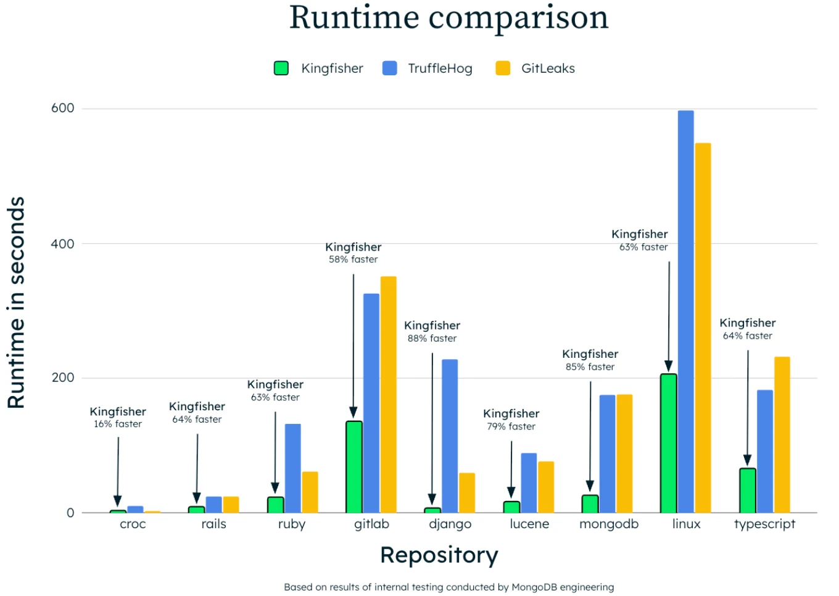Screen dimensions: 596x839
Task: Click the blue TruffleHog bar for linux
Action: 685,312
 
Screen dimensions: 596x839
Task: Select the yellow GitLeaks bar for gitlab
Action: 388,395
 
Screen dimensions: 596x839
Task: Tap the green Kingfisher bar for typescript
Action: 747,490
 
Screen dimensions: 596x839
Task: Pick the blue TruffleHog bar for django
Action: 450,436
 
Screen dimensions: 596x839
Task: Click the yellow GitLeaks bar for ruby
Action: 310,492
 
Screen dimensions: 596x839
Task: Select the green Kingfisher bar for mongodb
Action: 590,504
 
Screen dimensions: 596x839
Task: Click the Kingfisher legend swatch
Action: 281,68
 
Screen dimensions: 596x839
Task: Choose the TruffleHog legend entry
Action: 427,68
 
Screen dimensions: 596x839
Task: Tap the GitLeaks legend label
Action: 548,68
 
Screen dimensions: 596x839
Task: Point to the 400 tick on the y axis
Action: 62,244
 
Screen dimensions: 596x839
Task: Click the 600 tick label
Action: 62,108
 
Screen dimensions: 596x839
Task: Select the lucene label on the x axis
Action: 529,524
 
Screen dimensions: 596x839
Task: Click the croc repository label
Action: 133,524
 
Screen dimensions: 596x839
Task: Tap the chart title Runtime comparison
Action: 448,17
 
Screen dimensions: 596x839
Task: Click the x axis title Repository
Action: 439,555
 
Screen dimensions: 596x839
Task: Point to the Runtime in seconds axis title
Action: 16,302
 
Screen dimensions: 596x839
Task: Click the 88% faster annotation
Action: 432,339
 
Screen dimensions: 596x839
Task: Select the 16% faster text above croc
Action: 118,424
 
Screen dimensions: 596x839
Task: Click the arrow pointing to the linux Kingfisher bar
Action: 669,315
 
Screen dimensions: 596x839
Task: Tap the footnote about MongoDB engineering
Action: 448,587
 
